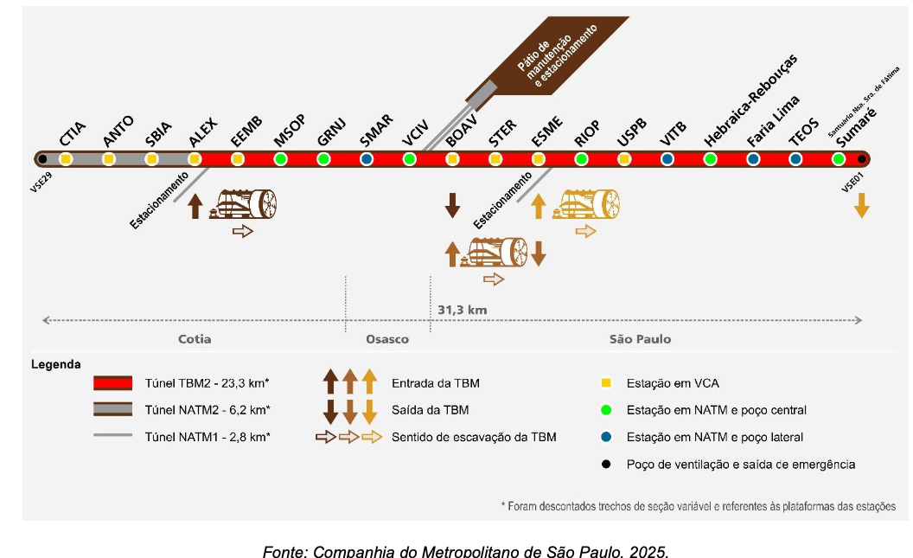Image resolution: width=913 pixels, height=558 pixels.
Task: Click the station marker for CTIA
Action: coord(65,159)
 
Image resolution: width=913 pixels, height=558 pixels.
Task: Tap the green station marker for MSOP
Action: coord(280,159)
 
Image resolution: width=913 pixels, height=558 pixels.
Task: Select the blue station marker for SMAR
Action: coord(367,159)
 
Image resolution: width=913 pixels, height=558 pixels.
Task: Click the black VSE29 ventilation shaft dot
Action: coord(41,159)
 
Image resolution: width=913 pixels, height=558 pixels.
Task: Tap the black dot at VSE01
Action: coord(861,159)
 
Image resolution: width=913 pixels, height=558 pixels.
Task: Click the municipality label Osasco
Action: coord(386,339)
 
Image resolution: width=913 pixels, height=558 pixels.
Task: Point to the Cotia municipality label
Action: coord(195,339)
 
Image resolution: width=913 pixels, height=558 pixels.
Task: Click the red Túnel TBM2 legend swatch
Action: coord(113,383)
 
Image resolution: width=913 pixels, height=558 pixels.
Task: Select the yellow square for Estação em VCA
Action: coord(606,383)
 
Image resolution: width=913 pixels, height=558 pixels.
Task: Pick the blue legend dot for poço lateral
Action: coord(606,437)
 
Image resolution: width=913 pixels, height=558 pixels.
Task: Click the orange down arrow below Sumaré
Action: coord(861,205)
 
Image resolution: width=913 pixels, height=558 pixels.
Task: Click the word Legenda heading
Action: coord(55,363)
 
